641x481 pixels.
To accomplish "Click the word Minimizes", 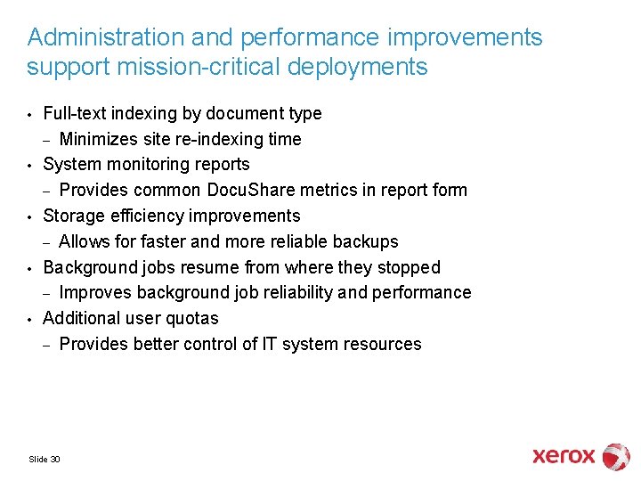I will [x=99, y=139].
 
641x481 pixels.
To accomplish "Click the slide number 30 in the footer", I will [x=55, y=460].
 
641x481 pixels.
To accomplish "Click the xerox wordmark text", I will [x=563, y=456].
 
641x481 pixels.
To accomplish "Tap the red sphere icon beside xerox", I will [x=616, y=456].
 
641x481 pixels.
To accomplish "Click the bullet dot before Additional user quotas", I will [x=30, y=319].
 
